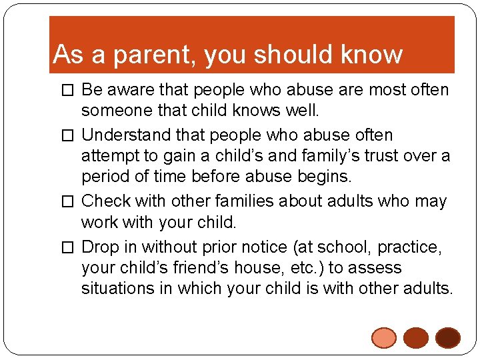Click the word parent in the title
pyautogui.click(x=155, y=55)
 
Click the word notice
pyautogui.click(x=257, y=247)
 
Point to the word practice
pyautogui.click(x=409, y=247)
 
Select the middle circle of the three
pyautogui.click(x=416, y=338)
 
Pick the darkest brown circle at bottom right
pyautogui.click(x=448, y=338)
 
